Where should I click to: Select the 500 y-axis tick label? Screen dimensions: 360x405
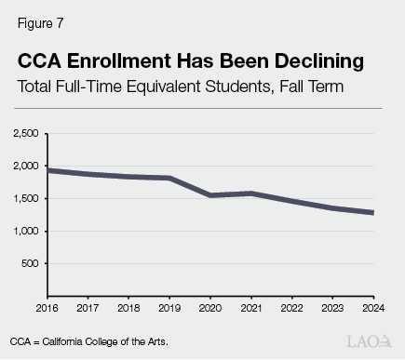pyautogui.click(x=30, y=263)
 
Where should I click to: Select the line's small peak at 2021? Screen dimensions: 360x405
pyautogui.click(x=250, y=193)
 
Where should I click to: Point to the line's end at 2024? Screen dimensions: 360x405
pyautogui.click(x=371, y=213)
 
